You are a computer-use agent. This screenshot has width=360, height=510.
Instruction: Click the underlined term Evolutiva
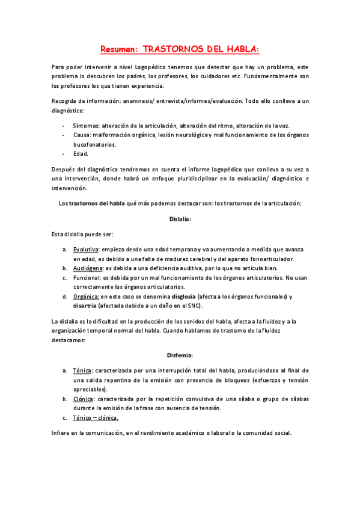coord(86,249)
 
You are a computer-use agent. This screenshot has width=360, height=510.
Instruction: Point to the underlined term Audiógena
coord(88,268)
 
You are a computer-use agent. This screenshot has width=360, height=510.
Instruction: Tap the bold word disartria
coord(86,306)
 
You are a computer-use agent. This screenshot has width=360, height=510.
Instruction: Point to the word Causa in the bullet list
coord(82,135)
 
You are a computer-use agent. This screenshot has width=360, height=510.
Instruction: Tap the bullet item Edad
coord(81,154)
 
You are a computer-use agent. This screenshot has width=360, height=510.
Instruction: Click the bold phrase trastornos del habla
coord(96,203)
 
